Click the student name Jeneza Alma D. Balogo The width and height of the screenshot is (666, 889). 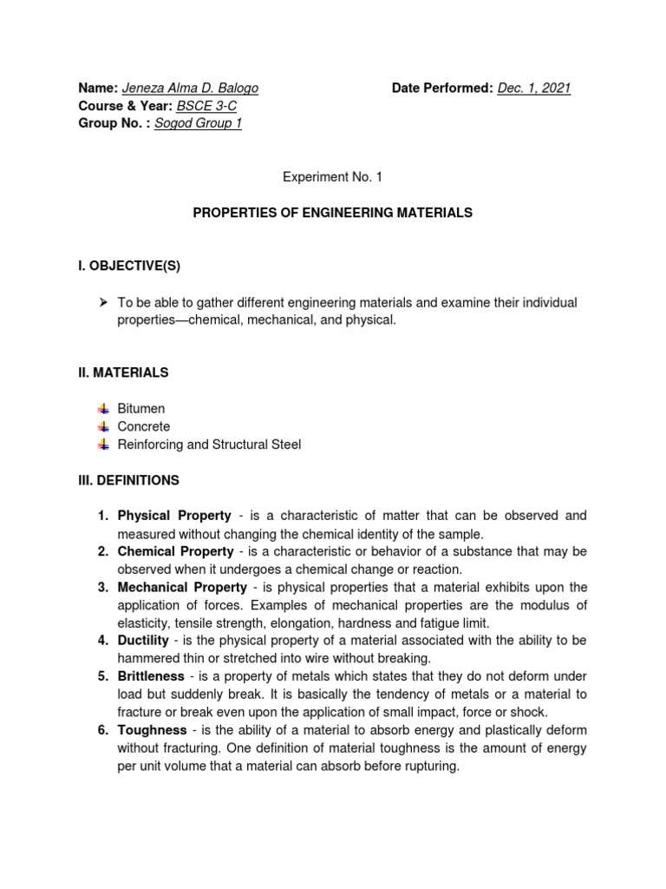point(190,88)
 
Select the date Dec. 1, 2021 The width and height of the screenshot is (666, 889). point(534,88)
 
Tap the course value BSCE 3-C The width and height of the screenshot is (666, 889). point(206,106)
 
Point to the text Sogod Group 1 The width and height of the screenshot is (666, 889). point(198,123)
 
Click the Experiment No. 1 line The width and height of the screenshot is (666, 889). point(332,177)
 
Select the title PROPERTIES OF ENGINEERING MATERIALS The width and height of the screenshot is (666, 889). point(332,213)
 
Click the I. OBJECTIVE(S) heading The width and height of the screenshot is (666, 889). point(129,266)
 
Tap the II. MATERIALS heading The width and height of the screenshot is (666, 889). point(123,372)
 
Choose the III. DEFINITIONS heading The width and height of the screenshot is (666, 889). point(128,479)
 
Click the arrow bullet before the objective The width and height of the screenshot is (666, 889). point(103,302)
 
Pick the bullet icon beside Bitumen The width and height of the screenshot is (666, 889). point(103,408)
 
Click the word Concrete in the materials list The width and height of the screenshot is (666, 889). point(144,426)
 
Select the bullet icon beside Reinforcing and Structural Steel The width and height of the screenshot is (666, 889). point(103,444)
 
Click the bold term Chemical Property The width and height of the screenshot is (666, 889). point(175,551)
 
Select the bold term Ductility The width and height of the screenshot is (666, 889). point(146,640)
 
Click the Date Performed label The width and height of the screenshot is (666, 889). point(442,88)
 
